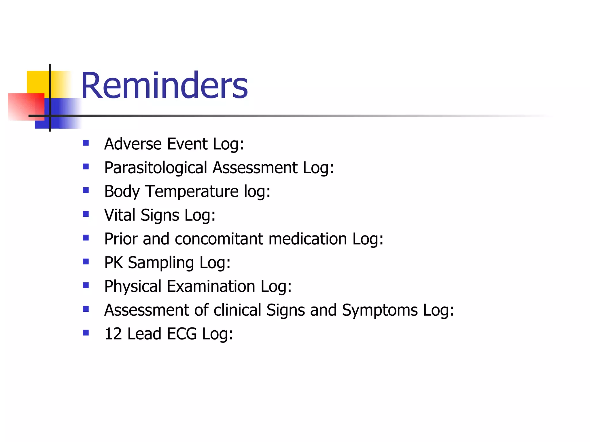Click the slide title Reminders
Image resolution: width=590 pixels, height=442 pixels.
point(164,85)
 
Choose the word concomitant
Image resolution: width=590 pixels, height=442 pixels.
point(219,239)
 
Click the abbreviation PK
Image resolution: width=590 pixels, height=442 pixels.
point(113,262)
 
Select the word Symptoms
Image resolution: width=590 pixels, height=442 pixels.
point(380,310)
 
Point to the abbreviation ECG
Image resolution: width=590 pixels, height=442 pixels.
point(181,334)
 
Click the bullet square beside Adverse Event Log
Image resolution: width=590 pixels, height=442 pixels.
point(86,143)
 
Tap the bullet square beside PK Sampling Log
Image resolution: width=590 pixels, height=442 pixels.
point(86,261)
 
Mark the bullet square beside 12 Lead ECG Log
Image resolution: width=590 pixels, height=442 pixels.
point(86,333)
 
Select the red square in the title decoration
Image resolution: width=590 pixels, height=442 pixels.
point(24,106)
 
